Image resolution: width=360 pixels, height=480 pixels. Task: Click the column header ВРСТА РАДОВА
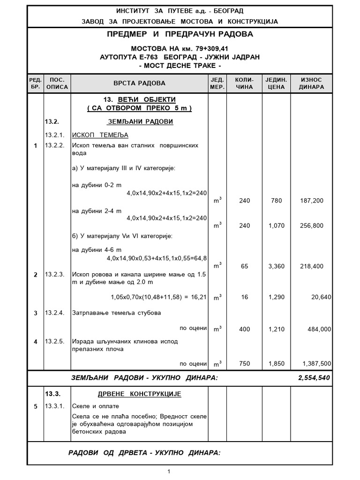coord(139,83)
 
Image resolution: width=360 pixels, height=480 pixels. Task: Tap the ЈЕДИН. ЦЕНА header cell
coord(276,83)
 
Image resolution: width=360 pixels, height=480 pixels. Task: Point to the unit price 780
coord(276,201)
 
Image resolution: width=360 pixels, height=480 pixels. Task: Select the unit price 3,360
coord(276,266)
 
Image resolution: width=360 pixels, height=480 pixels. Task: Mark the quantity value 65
coord(245,266)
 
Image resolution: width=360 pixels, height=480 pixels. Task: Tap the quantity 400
coord(245,330)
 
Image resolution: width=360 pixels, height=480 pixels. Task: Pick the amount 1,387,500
coord(317,363)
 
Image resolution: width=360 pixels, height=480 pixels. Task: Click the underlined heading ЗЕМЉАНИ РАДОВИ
coord(140,122)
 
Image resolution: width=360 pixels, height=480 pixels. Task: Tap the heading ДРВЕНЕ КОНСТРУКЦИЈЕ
coord(139,394)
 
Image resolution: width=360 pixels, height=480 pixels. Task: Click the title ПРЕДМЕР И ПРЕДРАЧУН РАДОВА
coord(180,35)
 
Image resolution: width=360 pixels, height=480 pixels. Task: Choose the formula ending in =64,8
coord(157,258)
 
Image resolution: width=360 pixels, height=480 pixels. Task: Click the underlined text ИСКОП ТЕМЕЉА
coord(93,135)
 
